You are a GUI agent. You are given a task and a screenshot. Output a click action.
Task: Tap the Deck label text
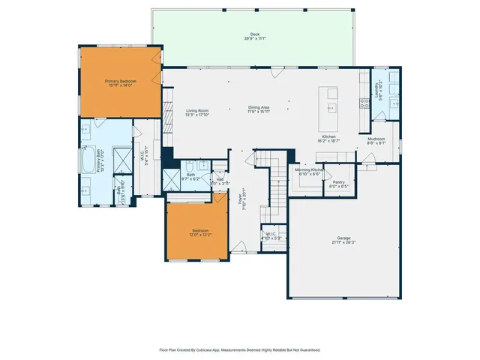255,34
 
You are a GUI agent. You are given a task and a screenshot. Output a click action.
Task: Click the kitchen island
330,109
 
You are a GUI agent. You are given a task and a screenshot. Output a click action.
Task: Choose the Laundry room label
377,89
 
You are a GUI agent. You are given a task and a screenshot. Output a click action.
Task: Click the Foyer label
241,201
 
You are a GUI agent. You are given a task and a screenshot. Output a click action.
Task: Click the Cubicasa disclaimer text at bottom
240,349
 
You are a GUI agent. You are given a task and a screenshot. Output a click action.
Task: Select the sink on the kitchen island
331,107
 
